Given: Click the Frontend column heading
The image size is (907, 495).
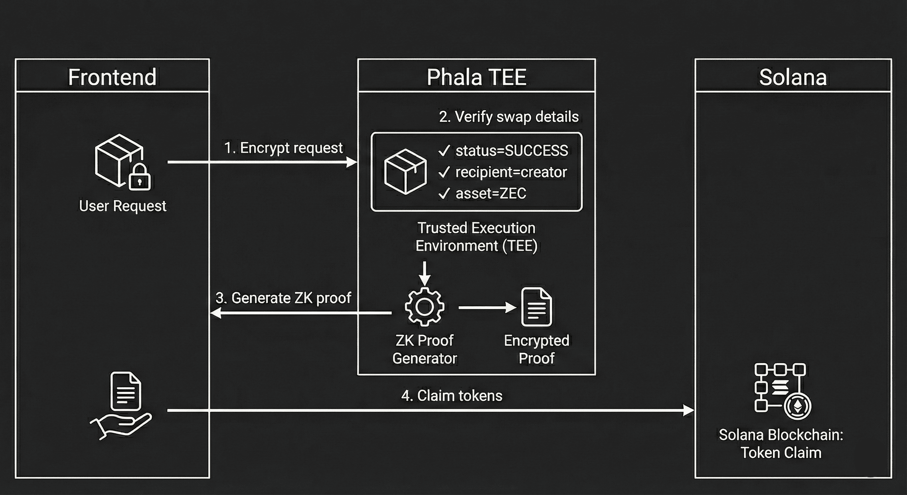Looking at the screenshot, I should [112, 77].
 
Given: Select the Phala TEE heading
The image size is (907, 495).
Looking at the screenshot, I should [476, 77].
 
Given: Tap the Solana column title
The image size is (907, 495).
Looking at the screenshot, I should [793, 77].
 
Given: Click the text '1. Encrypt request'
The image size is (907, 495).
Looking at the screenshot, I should [283, 148].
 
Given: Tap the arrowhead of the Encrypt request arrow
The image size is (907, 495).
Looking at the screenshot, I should [352, 162].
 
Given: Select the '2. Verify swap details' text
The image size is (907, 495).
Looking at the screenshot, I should [509, 117].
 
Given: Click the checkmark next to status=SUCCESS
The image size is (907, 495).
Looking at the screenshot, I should [444, 151].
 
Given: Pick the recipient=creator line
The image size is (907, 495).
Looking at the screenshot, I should [511, 172].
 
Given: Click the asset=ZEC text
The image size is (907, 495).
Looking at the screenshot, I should [491, 193].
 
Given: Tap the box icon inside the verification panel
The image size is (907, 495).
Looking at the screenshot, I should [405, 171].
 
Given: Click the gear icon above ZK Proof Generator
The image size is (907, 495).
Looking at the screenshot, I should [424, 306].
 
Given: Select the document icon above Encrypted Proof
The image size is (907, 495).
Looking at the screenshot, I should [536, 307].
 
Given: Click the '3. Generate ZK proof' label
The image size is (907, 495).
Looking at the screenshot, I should [283, 298].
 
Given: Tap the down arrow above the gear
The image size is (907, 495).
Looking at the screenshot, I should [425, 275].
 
